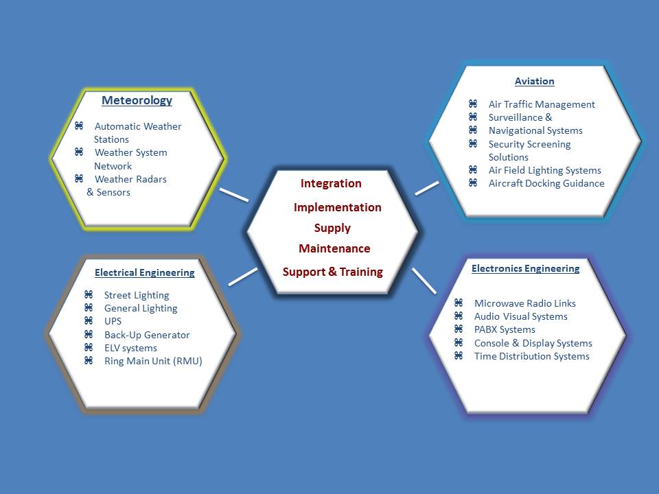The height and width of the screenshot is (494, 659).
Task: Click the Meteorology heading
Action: coord(137,101)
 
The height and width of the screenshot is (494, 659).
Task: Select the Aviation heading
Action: coord(534,81)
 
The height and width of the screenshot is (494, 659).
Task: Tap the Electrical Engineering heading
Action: coord(144,272)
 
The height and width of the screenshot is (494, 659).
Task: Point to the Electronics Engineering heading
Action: coord(525,268)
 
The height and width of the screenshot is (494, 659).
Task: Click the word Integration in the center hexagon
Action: coord(331,184)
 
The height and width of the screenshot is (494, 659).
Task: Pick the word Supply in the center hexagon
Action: coord(332,228)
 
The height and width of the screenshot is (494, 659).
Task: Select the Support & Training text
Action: coord(332,272)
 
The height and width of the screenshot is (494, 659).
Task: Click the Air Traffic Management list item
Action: coord(542,104)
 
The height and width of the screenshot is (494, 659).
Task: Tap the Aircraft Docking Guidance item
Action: coord(546,183)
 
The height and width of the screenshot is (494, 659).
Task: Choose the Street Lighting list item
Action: coord(137,295)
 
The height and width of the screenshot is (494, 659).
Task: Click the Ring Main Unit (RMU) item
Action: coord(153,361)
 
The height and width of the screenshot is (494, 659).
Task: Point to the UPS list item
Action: coord(113,321)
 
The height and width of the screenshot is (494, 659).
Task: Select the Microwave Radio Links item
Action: coord(525,303)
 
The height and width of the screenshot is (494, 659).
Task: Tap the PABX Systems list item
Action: coord(505,329)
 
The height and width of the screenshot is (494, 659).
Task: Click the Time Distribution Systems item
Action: coord(532,356)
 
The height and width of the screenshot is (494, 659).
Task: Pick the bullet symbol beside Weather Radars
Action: coord(79,178)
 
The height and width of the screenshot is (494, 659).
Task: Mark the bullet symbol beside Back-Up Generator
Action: coord(89,334)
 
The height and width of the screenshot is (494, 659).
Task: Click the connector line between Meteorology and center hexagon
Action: coord(234,194)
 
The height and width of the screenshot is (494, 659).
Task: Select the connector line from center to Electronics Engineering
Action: coord(424,281)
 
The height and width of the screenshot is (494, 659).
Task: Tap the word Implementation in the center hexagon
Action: coord(337,207)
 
